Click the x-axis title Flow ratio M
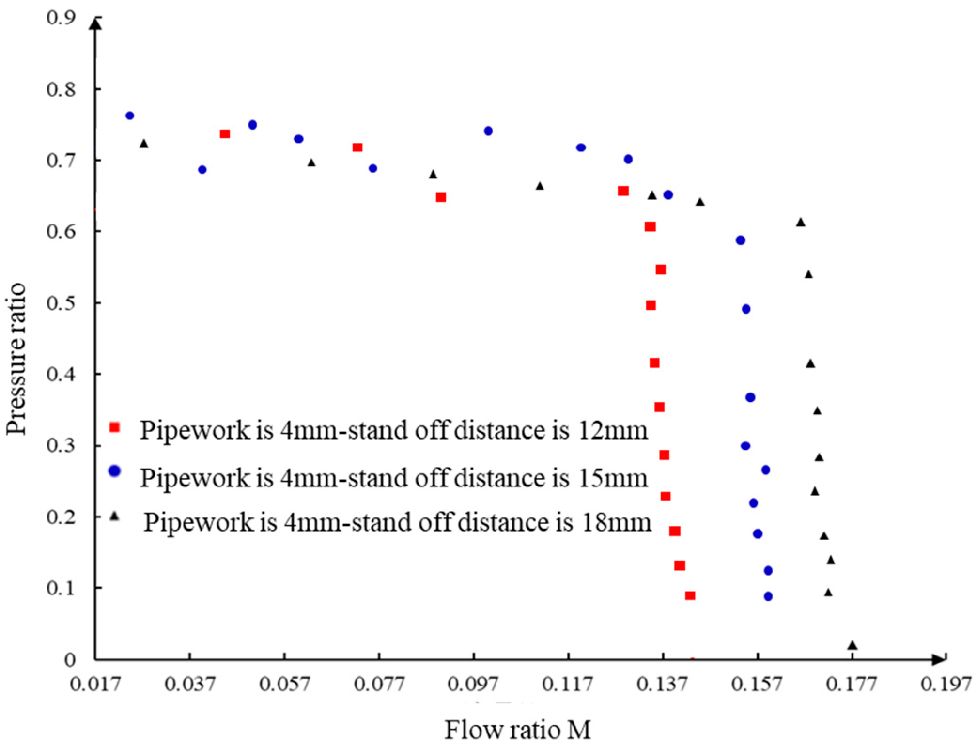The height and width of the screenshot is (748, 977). click(517, 729)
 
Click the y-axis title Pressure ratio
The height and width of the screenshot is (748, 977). click(16, 359)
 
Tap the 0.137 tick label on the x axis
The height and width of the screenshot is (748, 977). click(662, 685)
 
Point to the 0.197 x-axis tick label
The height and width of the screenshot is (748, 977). click(946, 685)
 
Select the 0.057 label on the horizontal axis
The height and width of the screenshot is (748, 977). click(285, 685)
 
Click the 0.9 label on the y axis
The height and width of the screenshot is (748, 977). click(61, 18)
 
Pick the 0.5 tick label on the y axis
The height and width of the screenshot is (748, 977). click(61, 303)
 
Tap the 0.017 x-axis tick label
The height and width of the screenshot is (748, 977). click(95, 685)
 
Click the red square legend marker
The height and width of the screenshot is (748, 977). click(115, 427)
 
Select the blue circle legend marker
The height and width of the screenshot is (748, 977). click(115, 471)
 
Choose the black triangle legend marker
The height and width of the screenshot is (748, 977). click(115, 516)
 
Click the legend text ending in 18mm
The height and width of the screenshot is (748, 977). click(397, 522)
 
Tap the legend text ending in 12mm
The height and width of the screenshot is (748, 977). click(394, 430)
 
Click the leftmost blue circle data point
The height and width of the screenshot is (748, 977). click(130, 116)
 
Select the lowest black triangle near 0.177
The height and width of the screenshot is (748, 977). click(853, 646)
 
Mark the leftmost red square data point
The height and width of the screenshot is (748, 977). click(225, 134)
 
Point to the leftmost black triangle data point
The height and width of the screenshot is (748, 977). click(144, 144)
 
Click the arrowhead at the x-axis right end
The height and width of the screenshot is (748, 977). click(938, 660)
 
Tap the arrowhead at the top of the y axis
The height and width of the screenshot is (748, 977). click(95, 23)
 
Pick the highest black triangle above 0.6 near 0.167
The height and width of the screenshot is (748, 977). click(801, 223)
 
